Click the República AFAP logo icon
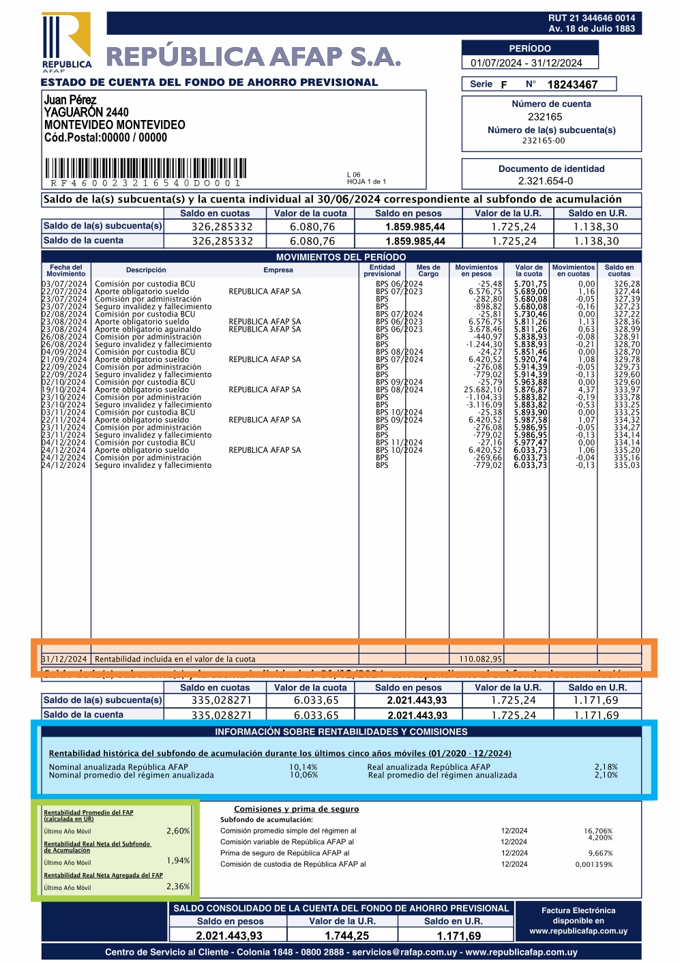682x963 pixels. point(66,40)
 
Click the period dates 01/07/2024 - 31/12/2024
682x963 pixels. point(526,63)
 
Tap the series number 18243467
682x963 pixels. point(572,85)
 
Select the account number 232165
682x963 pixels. point(545,117)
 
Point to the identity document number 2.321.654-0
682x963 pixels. point(546,181)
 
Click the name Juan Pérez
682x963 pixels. point(70,100)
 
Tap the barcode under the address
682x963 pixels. point(146,168)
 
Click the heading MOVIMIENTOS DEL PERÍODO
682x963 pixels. point(341,257)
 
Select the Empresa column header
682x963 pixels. point(278,270)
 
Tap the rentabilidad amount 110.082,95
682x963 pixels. point(481,660)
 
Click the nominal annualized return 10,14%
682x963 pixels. point(303,767)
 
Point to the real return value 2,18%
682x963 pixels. point(606,767)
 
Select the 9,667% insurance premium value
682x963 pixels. point(600,853)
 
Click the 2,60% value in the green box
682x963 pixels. point(178,831)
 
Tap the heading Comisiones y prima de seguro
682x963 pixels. point(297,810)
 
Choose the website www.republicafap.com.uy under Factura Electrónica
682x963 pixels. point(578,931)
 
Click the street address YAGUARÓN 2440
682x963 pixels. point(87,113)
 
